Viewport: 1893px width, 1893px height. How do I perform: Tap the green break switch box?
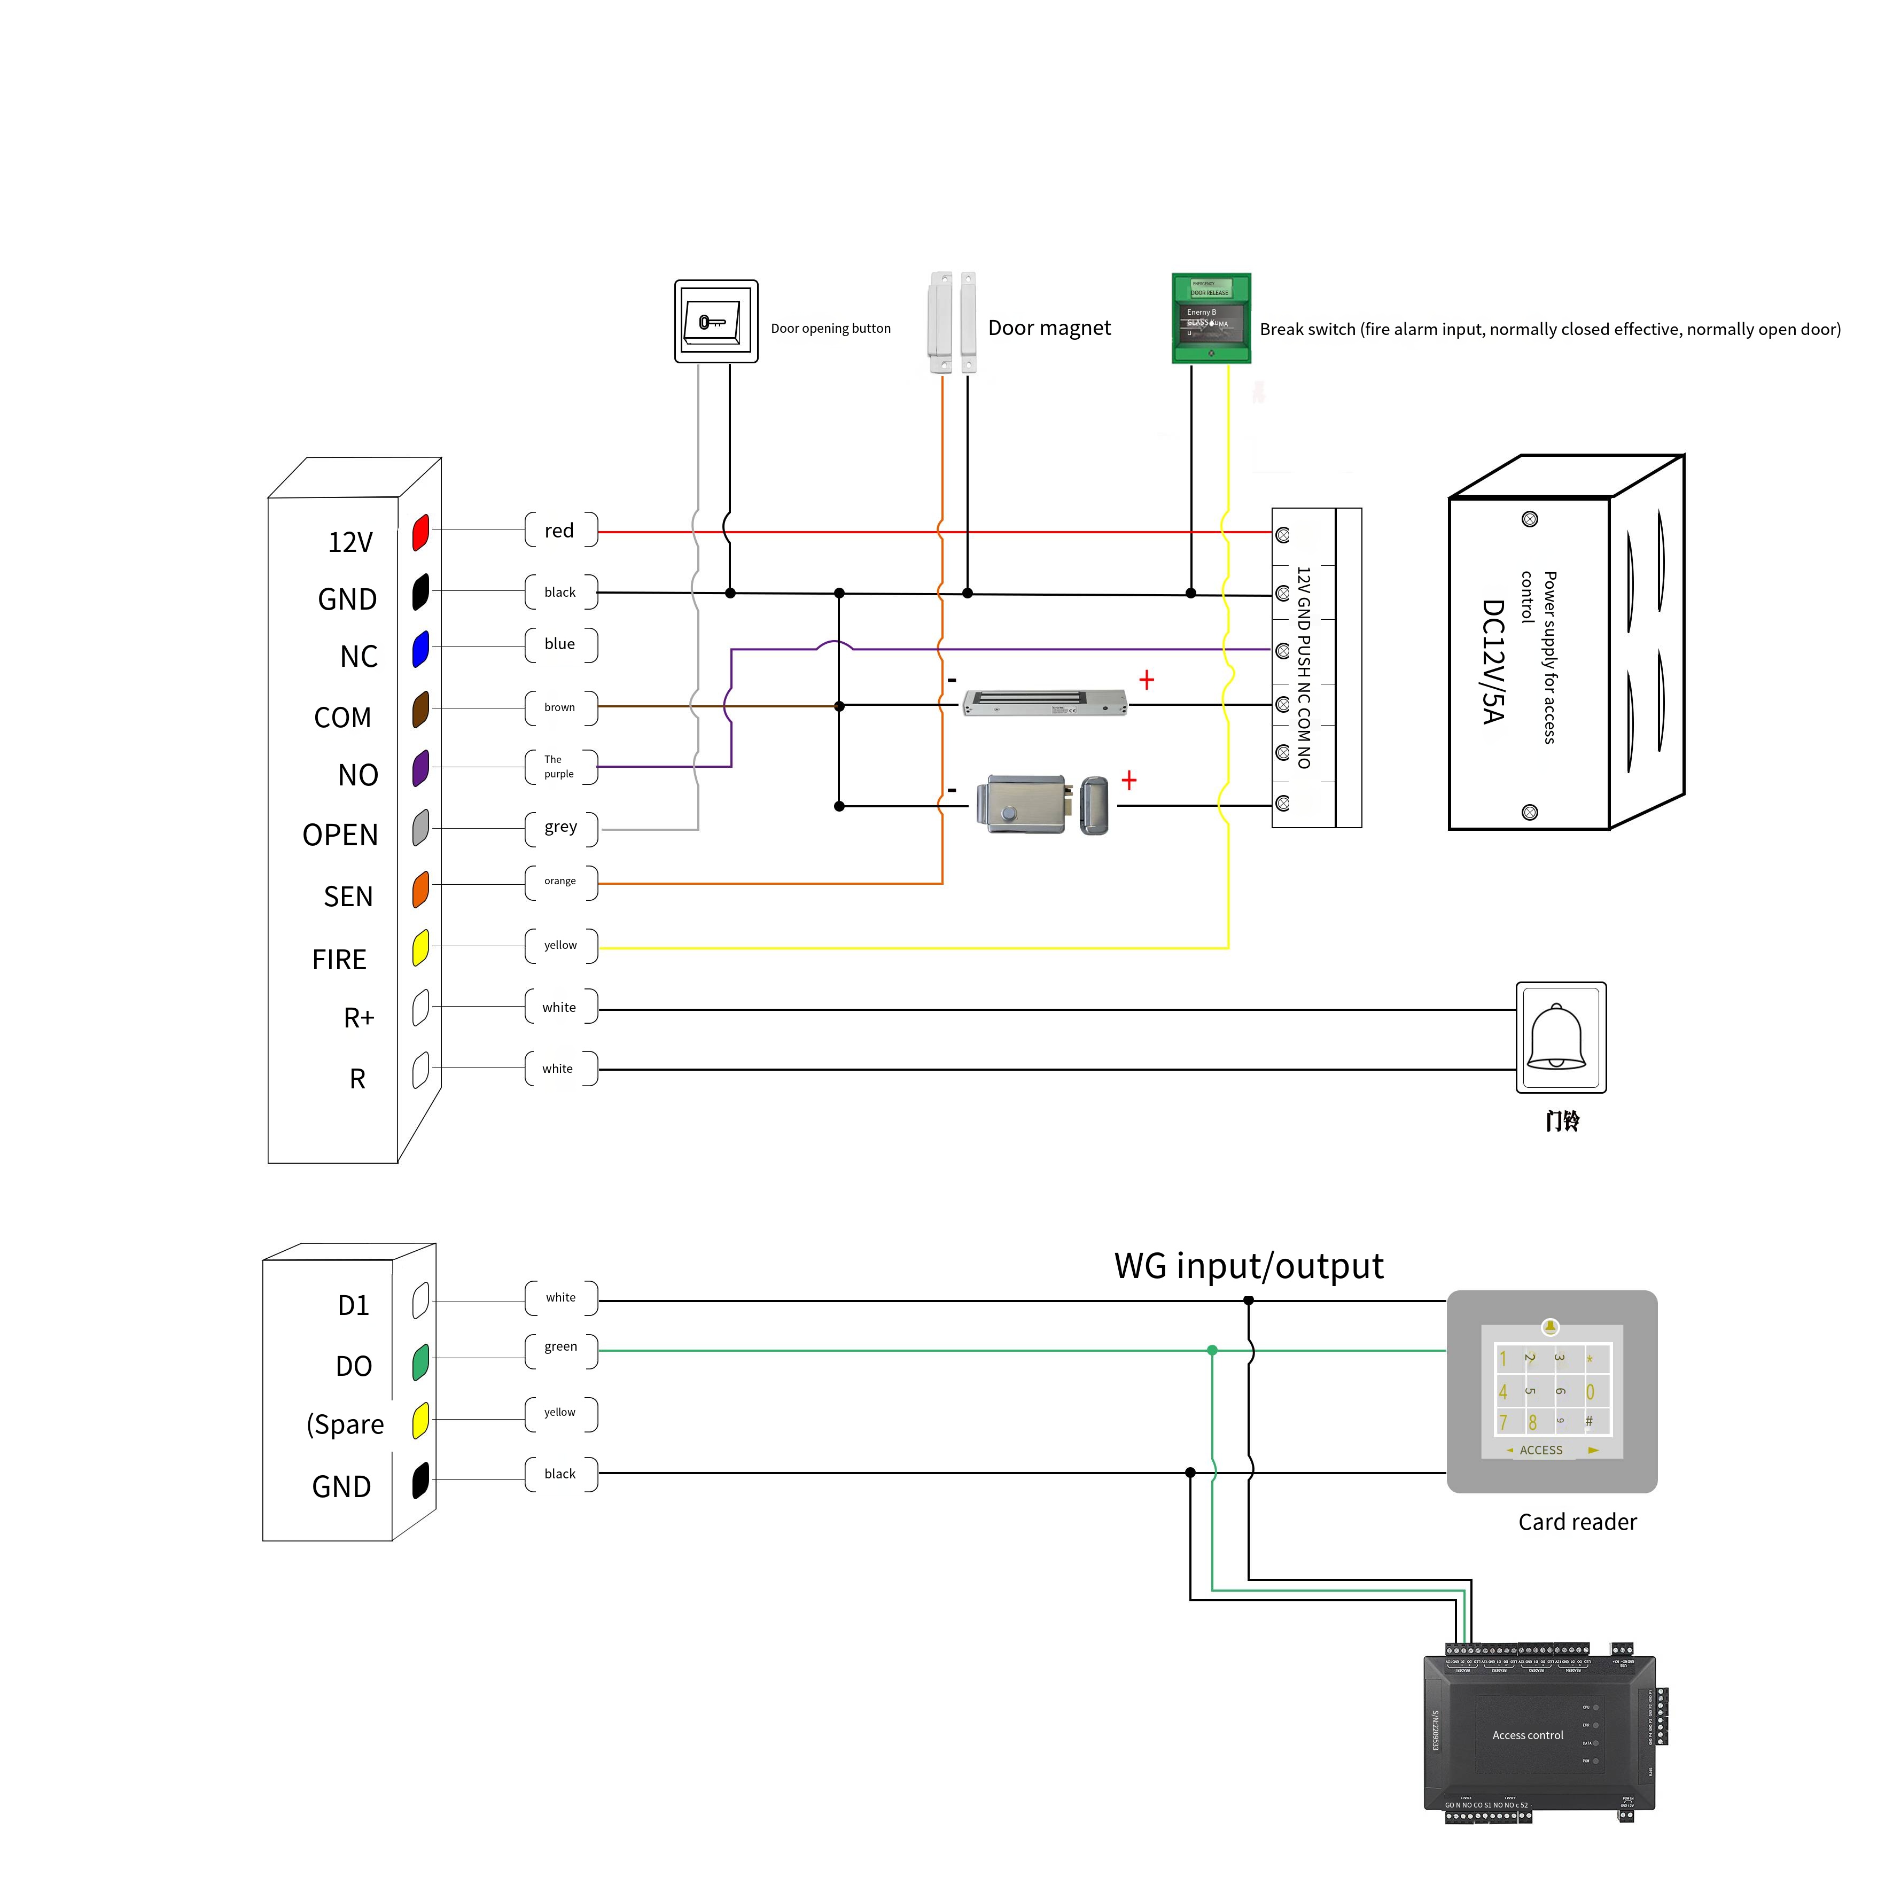1211,318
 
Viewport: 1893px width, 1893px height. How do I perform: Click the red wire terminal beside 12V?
420,532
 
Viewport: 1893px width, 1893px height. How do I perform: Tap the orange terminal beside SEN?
420,889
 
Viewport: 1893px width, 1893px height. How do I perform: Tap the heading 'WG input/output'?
1248,1266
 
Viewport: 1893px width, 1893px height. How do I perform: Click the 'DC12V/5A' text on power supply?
1492,661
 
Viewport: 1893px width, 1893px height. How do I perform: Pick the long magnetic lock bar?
1045,703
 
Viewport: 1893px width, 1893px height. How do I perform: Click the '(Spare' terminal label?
345,1424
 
